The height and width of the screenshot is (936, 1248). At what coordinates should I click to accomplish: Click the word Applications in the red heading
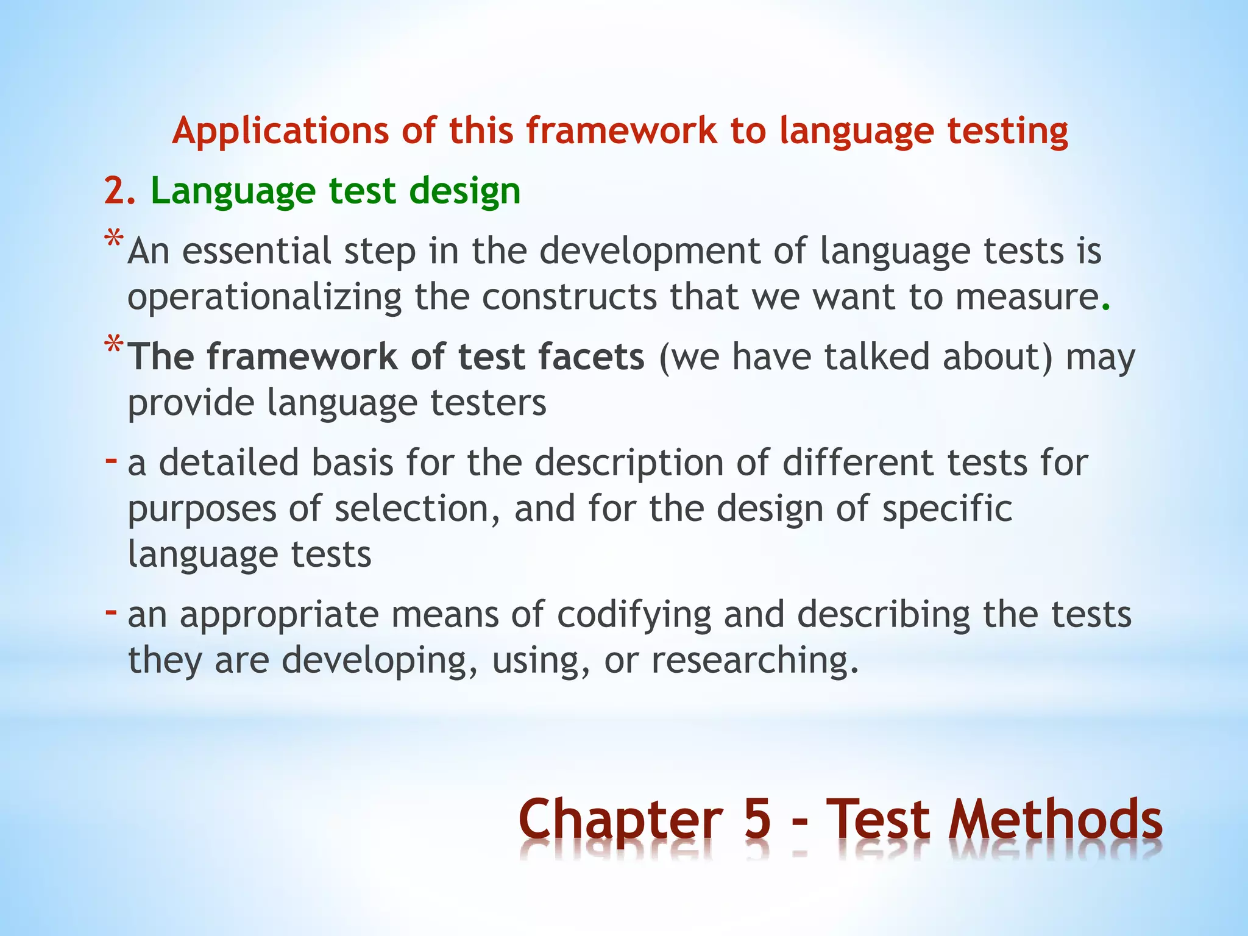tap(280, 132)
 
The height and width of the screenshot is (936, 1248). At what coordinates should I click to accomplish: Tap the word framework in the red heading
tap(622, 131)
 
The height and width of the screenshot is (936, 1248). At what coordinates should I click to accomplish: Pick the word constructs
tap(569, 297)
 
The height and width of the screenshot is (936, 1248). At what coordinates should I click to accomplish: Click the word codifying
tap(634, 615)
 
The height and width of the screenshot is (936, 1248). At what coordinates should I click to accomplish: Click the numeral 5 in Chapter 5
tap(757, 820)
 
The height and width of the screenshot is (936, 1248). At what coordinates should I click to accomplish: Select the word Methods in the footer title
tap(1055, 820)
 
